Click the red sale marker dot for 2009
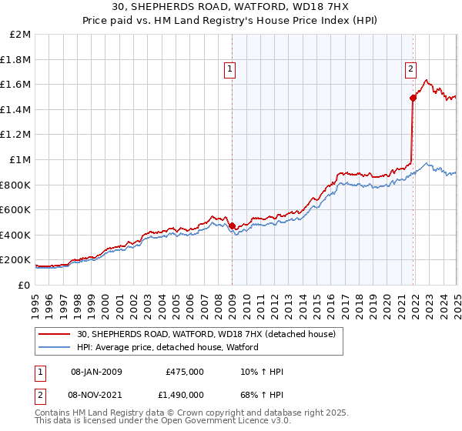233,226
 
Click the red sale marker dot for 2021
413,98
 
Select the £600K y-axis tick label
18,209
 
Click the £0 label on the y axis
25,285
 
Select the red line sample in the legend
55,335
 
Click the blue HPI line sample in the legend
55,348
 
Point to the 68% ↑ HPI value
262,394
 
